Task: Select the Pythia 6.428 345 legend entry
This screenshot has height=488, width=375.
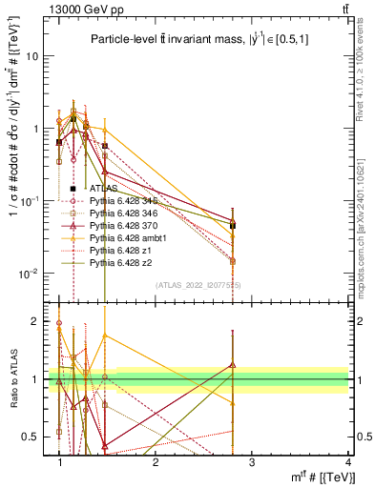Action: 119,202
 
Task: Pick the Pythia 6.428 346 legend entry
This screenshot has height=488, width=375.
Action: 119,215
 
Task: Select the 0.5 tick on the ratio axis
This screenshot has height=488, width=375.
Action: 32,437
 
